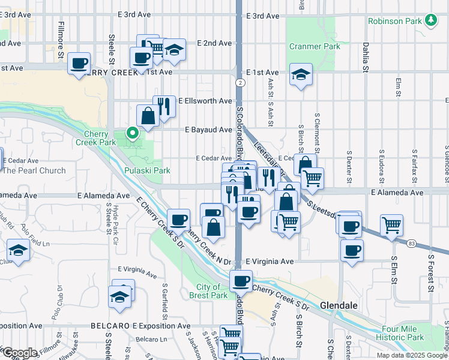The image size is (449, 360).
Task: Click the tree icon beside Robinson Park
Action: [430, 20]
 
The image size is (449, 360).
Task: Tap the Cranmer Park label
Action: [306, 46]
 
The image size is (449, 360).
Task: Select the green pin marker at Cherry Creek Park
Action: [131, 133]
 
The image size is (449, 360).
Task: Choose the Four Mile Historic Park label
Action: [411, 334]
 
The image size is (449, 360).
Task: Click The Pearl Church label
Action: [34, 170]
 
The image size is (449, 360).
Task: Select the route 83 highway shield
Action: [411, 243]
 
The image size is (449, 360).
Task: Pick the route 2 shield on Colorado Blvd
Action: [240, 82]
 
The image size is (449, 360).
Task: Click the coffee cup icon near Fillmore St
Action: [79, 63]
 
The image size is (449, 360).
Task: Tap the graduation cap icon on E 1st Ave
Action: [301, 74]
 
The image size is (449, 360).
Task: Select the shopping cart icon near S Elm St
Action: [391, 226]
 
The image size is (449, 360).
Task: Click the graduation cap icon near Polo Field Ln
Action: [19, 250]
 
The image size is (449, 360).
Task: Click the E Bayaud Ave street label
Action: [208, 130]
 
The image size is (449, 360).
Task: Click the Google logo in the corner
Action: [19, 353]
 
